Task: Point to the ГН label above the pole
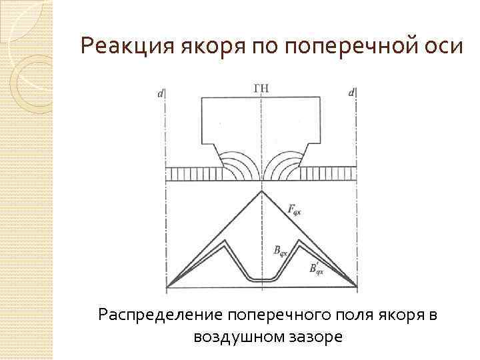tap(262, 88)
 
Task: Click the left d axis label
tap(161, 94)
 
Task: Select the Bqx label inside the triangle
tap(280, 251)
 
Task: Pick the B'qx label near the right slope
tap(316, 268)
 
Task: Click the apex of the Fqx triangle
tap(262, 191)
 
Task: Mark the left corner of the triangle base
tap(166, 287)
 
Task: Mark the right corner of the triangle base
tap(357, 287)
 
